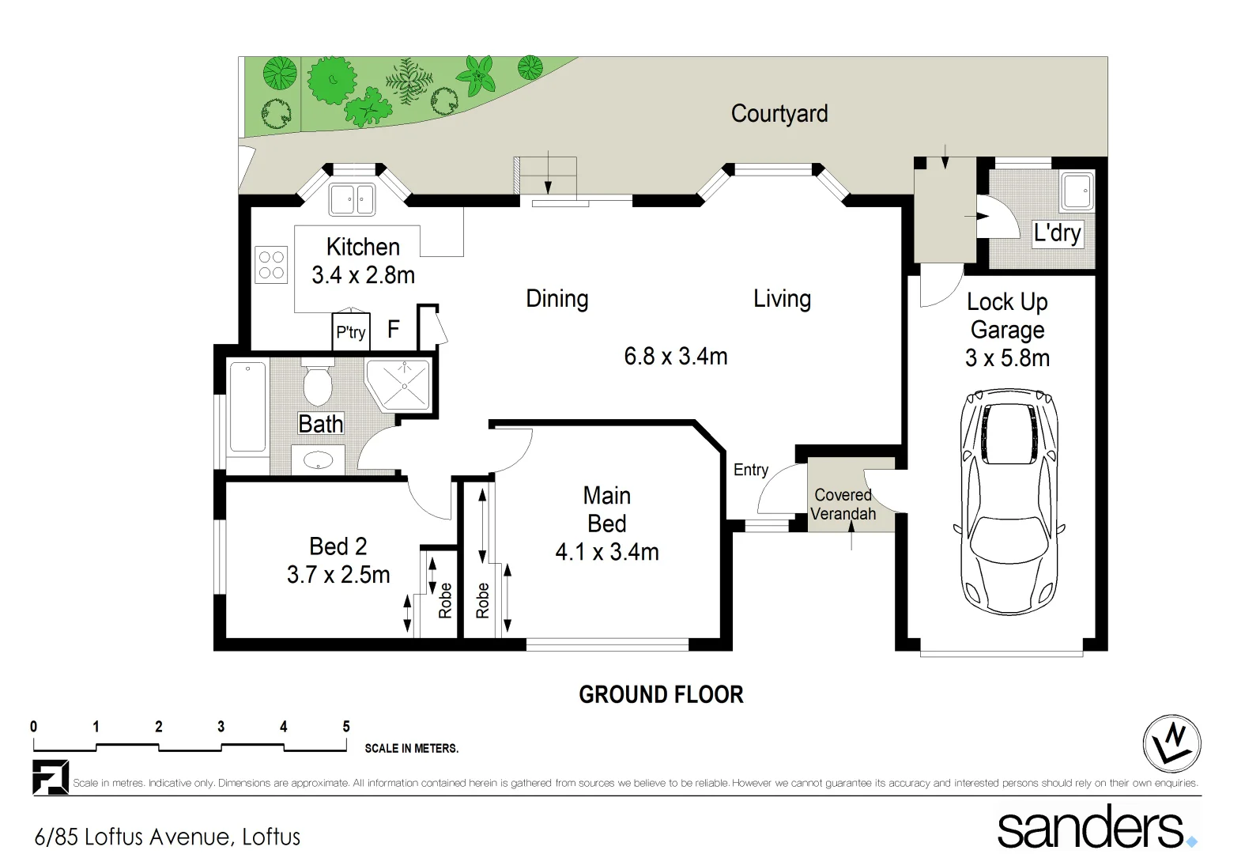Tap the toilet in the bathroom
click(x=318, y=383)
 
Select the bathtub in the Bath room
click(x=247, y=407)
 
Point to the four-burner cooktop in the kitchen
click(x=271, y=265)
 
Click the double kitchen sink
click(x=352, y=199)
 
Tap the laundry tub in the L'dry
click(x=1076, y=191)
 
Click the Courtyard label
click(x=779, y=114)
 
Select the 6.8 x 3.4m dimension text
click(x=675, y=357)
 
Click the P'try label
click(x=350, y=332)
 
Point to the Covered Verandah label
click(x=843, y=504)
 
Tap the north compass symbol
click(x=1171, y=743)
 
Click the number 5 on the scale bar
click(x=345, y=727)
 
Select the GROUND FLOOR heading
click(x=661, y=695)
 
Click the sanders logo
click(x=1095, y=827)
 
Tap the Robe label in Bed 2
click(x=445, y=600)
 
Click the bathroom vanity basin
click(x=318, y=460)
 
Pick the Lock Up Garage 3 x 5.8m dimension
click(x=1007, y=358)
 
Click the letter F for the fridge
click(x=393, y=330)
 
